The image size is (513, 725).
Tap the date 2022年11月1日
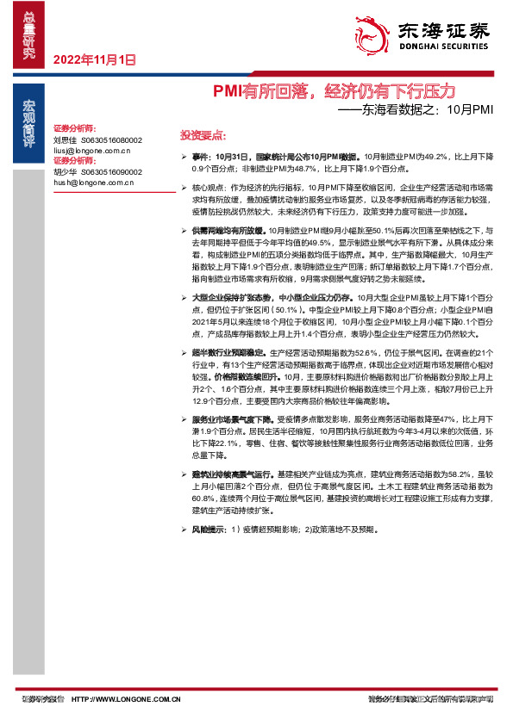(x=95, y=60)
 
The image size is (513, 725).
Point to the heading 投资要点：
(x=203, y=136)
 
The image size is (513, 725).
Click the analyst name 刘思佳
(x=65, y=139)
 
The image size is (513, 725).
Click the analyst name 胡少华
(x=65, y=171)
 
